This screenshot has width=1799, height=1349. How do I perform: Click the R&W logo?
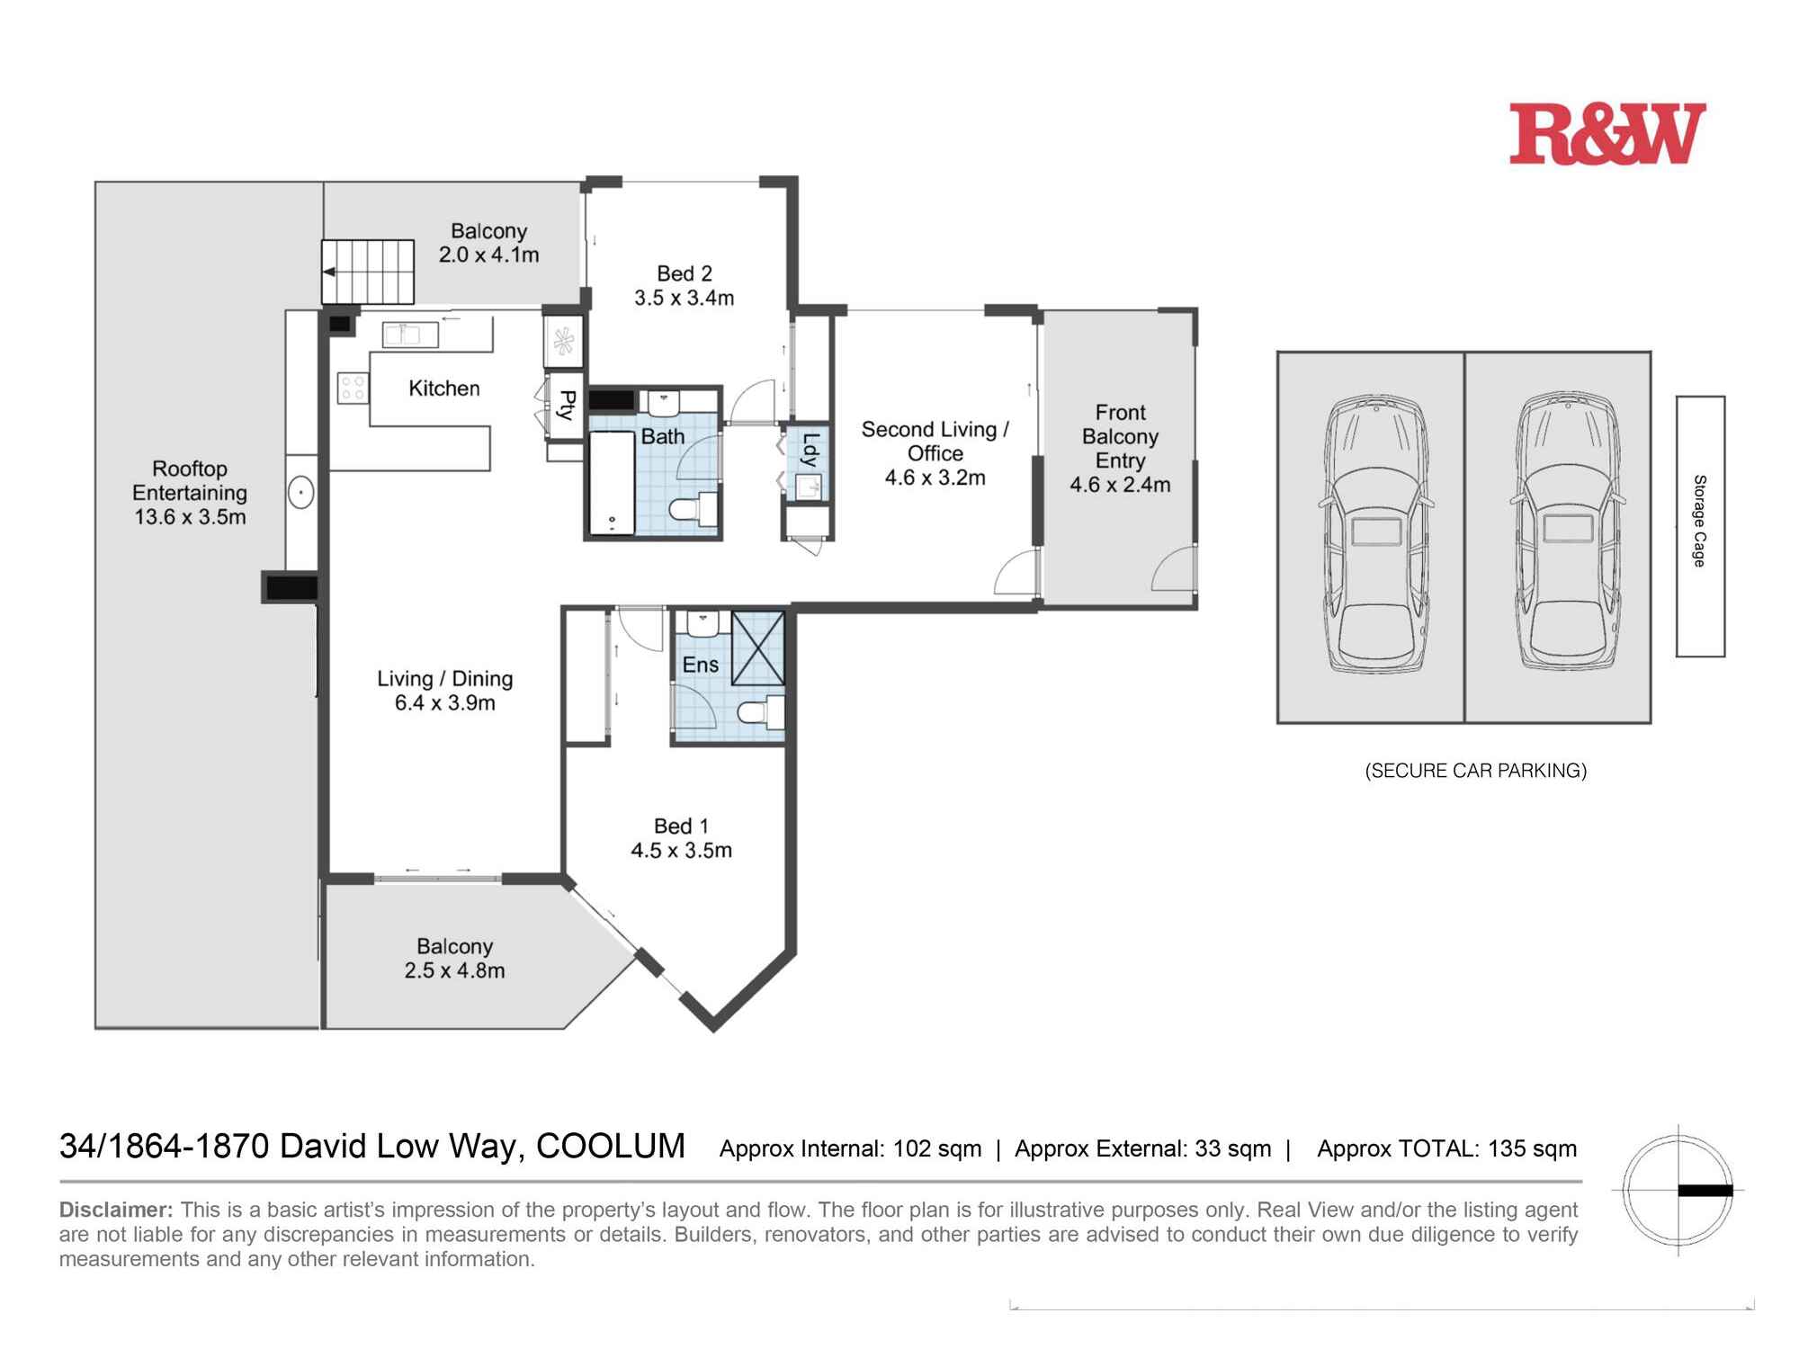[x=1607, y=134]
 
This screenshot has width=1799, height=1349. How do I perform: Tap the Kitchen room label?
[x=444, y=389]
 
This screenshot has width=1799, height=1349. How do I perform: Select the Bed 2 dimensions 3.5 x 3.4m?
[x=685, y=298]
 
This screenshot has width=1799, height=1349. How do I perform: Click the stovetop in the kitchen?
[x=353, y=389]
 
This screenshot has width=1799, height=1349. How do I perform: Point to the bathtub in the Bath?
[x=613, y=484]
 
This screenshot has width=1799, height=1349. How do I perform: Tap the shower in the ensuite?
[x=758, y=648]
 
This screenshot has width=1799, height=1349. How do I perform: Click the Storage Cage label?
[x=1700, y=521]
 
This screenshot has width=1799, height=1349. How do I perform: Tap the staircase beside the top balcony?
[x=368, y=272]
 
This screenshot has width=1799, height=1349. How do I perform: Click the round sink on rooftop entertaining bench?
[x=301, y=493]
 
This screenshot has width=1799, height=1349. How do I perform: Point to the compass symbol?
[x=1678, y=1191]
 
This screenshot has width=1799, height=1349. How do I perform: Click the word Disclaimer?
[x=116, y=1210]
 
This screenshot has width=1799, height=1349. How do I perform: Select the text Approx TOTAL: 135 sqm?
[x=1447, y=1148]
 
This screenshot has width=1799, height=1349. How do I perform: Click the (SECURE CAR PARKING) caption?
[x=1476, y=771]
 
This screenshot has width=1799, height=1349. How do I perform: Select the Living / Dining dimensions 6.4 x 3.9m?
[x=445, y=703]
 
